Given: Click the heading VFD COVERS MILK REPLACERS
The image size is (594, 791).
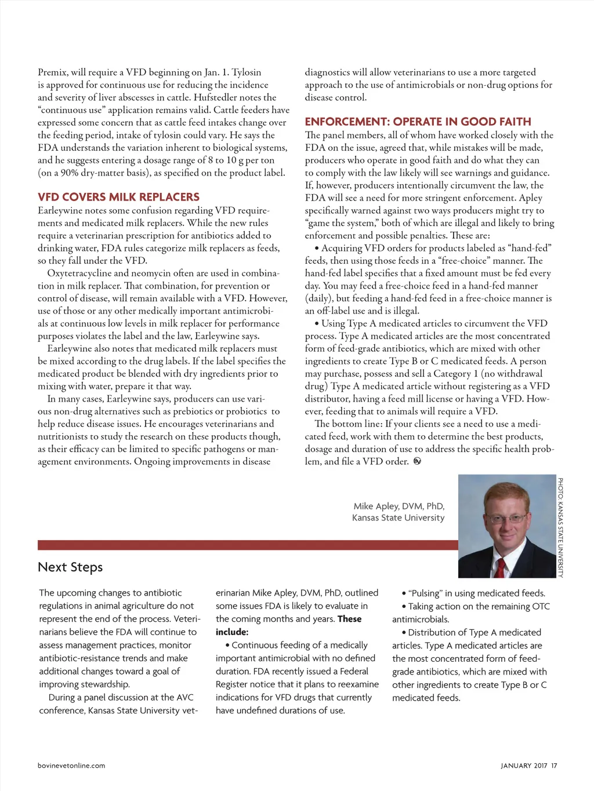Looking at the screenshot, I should pos(118,197).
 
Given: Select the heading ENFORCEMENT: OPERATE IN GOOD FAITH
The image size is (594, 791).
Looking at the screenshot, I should pos(418,122).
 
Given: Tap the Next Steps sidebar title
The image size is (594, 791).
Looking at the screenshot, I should pos(70,567).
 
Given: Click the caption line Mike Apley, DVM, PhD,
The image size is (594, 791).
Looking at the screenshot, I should pos(399,506).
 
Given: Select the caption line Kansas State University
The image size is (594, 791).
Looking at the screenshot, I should pos(398,517).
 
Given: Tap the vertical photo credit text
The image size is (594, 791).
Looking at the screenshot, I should pos(560,527).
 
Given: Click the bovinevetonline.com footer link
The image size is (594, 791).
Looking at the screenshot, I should pos(71,766).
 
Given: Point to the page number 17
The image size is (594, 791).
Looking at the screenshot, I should pos(555,766).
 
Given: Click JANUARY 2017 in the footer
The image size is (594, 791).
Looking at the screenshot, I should pos(524,766).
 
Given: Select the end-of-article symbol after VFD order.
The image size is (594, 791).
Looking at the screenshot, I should pos(417,461).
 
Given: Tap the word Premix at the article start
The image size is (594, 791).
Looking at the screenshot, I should pos(53,72).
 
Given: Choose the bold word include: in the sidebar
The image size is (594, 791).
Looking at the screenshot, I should pos(232,632).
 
